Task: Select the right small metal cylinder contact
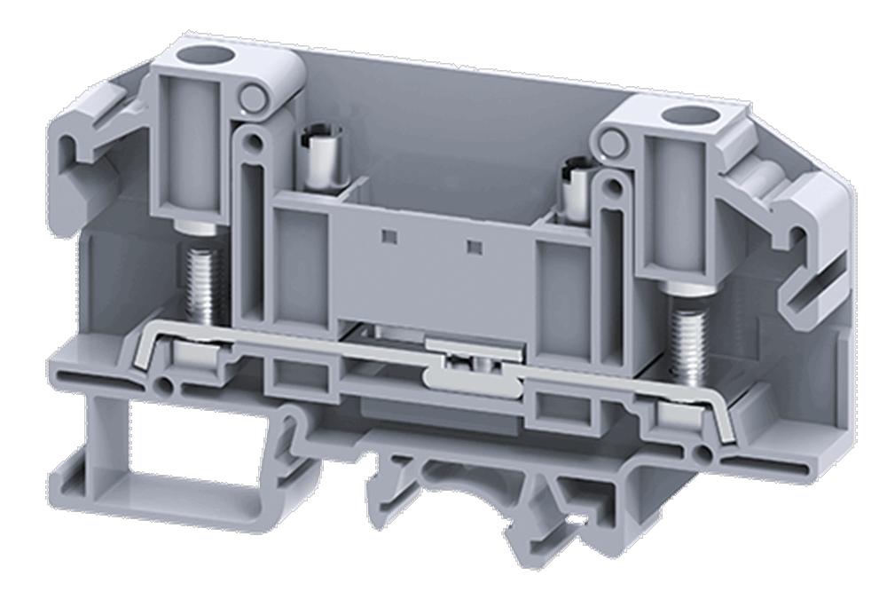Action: [570, 193]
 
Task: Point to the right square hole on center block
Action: [474, 246]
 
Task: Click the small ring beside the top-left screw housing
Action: [254, 99]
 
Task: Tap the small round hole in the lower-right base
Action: [705, 454]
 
